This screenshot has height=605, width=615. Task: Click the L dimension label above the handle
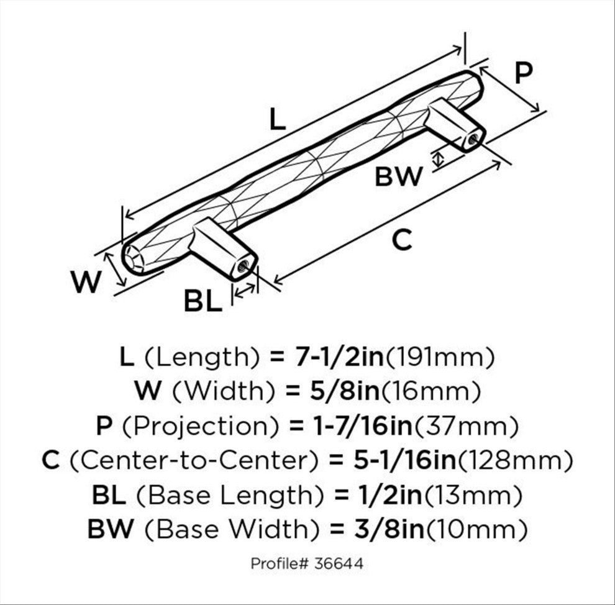(x=278, y=120)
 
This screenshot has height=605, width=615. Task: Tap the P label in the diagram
(x=523, y=73)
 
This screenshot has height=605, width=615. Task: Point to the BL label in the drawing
(x=203, y=301)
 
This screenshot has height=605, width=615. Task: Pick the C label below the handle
(x=402, y=240)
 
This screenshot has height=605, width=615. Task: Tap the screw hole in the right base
(x=473, y=139)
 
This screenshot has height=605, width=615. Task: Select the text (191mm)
(x=440, y=357)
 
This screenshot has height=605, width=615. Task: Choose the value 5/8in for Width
(x=345, y=391)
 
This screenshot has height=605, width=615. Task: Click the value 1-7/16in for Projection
(x=363, y=425)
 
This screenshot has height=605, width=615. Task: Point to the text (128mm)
(x=516, y=460)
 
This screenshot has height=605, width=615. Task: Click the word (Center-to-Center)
(x=194, y=460)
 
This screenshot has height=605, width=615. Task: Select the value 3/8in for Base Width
(x=389, y=529)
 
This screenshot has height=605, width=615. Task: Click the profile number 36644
(x=339, y=564)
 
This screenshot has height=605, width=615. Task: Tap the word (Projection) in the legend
(x=201, y=426)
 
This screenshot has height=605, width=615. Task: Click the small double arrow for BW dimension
(x=439, y=159)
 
